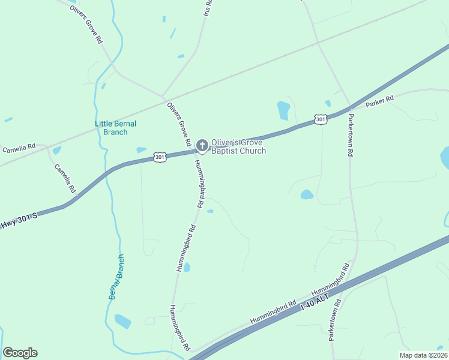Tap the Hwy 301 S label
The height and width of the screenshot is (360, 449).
tap(18, 220)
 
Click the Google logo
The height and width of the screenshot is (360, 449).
tap(20, 353)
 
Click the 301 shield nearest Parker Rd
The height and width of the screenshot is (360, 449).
tap(321, 119)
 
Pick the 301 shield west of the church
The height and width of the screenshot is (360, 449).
tap(159, 157)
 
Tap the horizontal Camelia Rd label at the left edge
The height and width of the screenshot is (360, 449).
tap(19, 146)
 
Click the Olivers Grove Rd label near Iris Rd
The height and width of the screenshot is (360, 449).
tap(86, 23)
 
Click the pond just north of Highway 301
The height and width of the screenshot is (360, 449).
tap(283, 110)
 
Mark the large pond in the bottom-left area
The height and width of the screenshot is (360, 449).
tap(122, 322)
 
